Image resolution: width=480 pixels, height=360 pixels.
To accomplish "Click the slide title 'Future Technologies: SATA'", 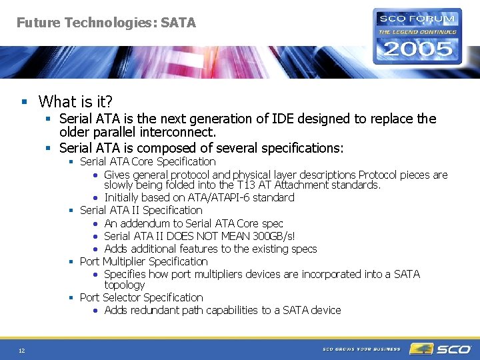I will pos(106,23).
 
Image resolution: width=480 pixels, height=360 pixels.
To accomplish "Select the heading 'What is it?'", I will pos(75,102).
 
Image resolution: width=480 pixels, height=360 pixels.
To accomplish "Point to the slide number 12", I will pos(22,351).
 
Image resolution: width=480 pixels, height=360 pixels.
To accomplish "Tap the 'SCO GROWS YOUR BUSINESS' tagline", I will pos(361,349).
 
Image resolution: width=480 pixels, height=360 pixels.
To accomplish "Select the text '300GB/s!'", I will pos(273,236).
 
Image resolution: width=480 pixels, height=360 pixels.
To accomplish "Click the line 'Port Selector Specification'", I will pos(141,297).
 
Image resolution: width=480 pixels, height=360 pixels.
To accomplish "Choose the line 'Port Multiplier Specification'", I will pos(143,261).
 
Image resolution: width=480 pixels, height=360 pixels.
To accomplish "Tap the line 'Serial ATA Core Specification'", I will pos(147,161).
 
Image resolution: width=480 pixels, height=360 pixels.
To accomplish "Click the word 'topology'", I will pos(125,285).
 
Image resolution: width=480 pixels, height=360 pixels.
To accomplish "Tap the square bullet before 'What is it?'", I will pos(25,103).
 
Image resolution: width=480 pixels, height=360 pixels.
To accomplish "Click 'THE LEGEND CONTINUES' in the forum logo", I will pos(418,31).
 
